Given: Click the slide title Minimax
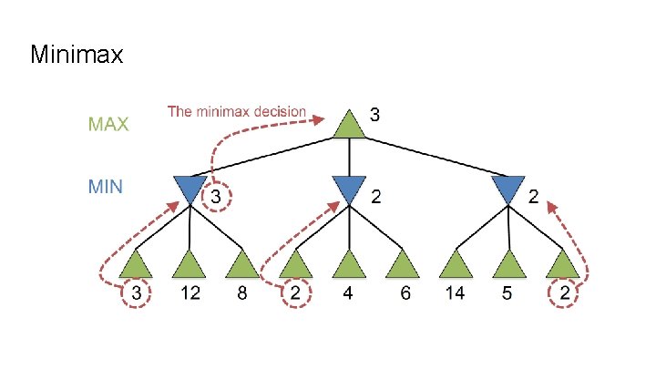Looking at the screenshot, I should tap(77, 56).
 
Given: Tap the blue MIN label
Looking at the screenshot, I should tap(105, 187).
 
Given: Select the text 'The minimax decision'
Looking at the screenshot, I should tap(237, 112).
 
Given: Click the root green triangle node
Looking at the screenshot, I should tap(349, 126).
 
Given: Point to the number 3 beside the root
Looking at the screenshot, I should tap(374, 115).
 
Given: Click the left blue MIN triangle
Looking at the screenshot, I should tap(190, 189).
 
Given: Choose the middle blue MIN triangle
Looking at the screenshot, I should tap(349, 189).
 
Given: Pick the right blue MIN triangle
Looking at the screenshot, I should tap(508, 189).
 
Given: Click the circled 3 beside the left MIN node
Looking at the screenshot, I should tap(217, 196).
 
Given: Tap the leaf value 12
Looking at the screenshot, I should tap(190, 294).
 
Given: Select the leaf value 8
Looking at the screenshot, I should tap(242, 294).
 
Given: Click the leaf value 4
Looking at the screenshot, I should tap(349, 294).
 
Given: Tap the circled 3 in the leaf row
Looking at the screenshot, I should tap(136, 294).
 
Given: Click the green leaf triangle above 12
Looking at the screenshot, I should tap(190, 265).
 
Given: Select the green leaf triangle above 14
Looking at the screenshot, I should tap(456, 265).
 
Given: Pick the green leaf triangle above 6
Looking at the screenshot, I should tap(402, 265).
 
